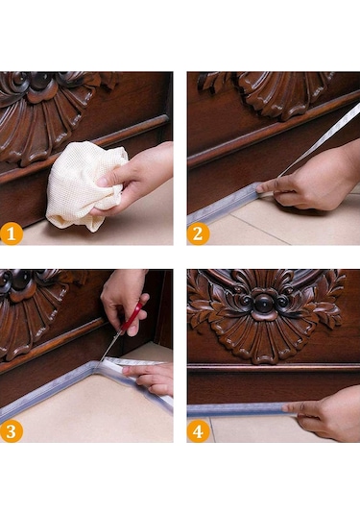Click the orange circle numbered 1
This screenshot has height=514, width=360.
tap(12, 234)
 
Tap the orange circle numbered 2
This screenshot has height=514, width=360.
tap(198, 234)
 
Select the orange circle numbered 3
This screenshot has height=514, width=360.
tap(12, 431)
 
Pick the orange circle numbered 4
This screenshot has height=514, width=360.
tap(198, 431)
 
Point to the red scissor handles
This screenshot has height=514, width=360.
tap(133, 316)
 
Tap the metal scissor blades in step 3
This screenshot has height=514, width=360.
tap(109, 347)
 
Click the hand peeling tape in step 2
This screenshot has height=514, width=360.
tap(311, 184)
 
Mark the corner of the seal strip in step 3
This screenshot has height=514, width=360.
tap(95, 364)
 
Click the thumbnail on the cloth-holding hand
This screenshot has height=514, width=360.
tap(103, 181)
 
